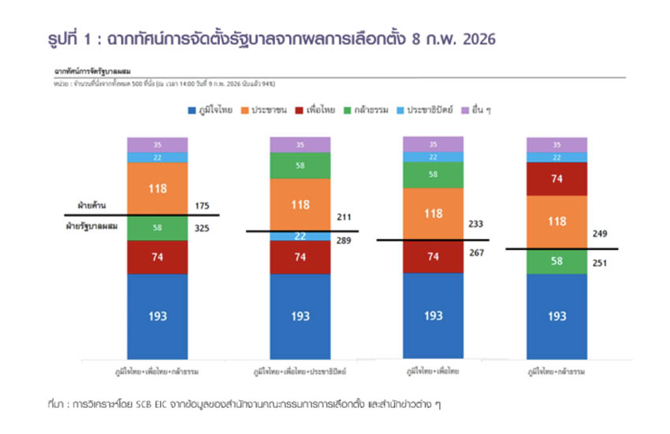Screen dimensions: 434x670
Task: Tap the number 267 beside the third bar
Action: coord(476,253)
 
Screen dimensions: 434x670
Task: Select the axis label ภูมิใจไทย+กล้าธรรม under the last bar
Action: coord(558,369)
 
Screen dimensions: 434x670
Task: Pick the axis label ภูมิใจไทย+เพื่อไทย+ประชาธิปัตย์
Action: coord(301,369)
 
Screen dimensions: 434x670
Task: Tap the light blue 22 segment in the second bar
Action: coord(300,236)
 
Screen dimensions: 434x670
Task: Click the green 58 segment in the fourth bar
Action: coord(556,261)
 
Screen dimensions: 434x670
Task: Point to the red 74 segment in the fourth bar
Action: coord(556,178)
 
